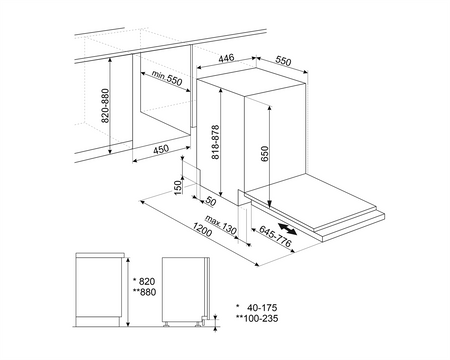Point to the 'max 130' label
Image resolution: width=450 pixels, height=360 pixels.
[221, 226]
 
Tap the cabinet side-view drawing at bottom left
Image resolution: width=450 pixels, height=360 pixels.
[99, 291]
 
